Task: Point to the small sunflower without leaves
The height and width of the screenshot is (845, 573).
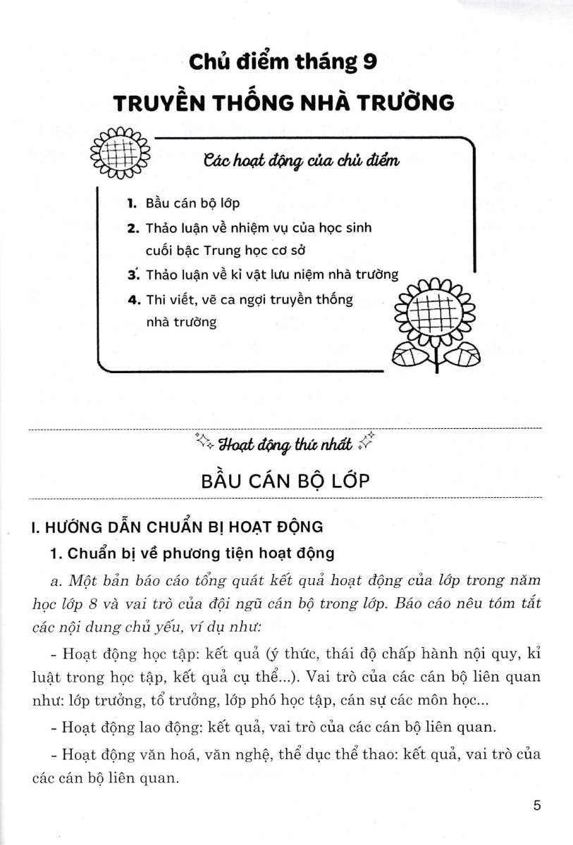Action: click(x=121, y=152)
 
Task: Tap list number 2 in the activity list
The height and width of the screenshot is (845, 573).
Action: click(x=132, y=229)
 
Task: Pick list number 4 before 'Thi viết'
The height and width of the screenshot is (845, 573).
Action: click(x=132, y=300)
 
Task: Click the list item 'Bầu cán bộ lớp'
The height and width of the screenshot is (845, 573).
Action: click(x=192, y=204)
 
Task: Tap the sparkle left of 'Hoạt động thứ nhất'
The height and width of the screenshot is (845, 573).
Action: click(x=203, y=442)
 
